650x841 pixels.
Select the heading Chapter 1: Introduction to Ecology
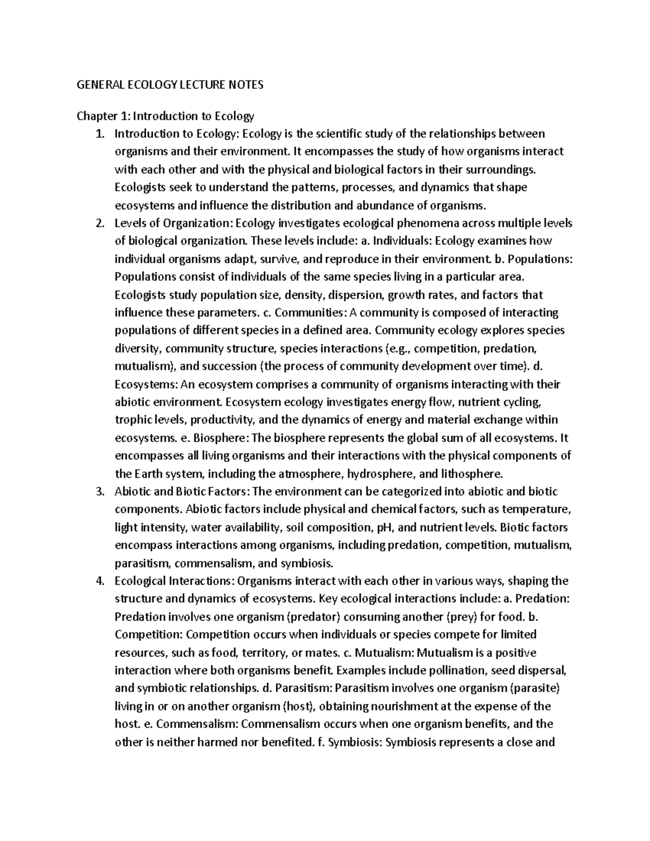[x=165, y=116]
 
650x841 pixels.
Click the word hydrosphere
[x=381, y=474]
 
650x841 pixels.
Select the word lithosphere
[x=471, y=474]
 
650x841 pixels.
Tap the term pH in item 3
[x=381, y=527]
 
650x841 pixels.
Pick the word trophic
[x=133, y=420]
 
